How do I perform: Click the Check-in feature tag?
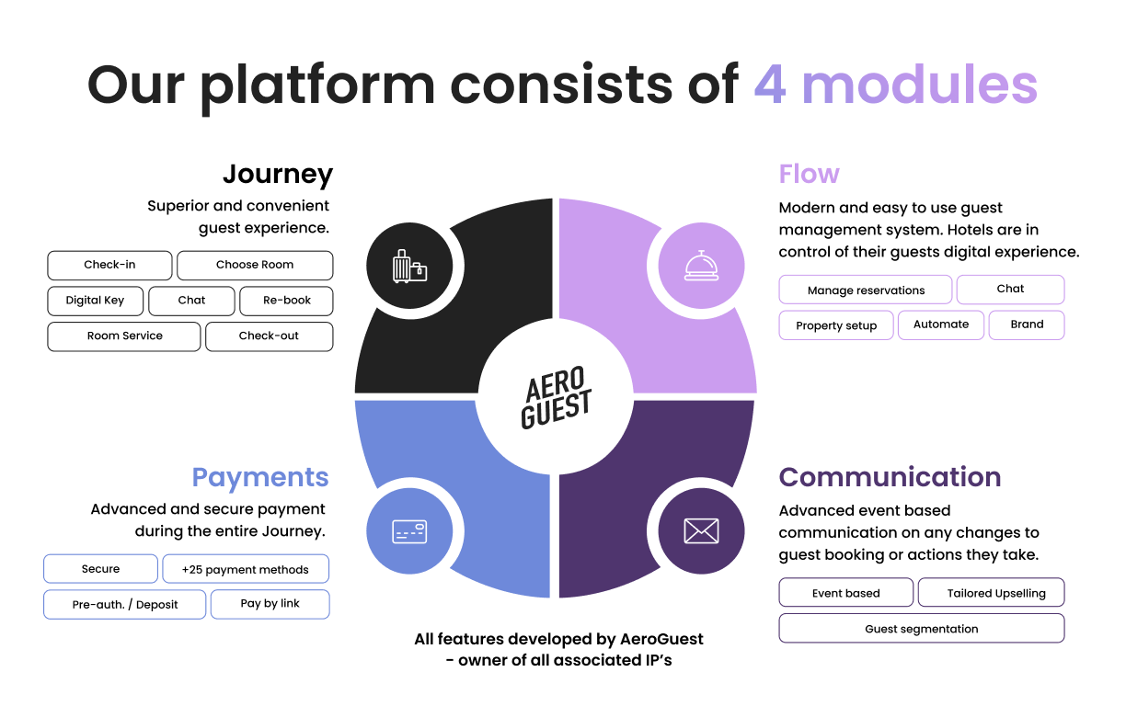[x=109, y=265]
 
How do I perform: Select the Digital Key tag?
[x=96, y=301]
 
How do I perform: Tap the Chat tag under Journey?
[x=191, y=301]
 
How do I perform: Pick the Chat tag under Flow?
[x=1010, y=289]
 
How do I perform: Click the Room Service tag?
[x=124, y=336]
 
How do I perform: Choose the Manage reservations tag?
[x=866, y=290]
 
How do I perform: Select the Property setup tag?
[x=836, y=326]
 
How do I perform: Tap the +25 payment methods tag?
[x=246, y=570]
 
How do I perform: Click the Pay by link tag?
[x=270, y=604]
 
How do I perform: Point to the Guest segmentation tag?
[x=921, y=630]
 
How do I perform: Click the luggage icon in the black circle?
[x=409, y=268]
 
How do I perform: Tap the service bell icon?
[x=701, y=267]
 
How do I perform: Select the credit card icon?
[x=409, y=531]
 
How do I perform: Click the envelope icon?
[x=701, y=531]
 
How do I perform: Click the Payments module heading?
[x=259, y=477]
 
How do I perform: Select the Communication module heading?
[x=890, y=477]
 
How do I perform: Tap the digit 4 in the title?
[x=769, y=85]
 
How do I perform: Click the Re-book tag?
[x=287, y=301]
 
